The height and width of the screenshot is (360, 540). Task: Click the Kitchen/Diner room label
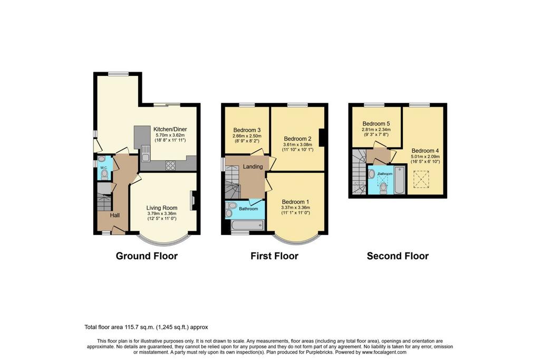tap(170, 130)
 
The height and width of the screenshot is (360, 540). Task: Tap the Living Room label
tap(162, 208)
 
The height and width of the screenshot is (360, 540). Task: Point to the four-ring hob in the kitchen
tap(170, 166)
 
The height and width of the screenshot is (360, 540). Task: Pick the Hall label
tap(115, 215)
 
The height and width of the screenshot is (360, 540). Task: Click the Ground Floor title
tap(147, 256)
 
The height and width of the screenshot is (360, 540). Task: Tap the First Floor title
tap(274, 256)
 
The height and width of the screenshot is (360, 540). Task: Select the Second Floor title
tap(398, 256)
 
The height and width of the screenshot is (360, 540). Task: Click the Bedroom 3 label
tap(247, 130)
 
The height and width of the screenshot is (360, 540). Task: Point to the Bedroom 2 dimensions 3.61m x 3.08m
tap(297, 145)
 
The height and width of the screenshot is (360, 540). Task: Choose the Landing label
tap(253, 167)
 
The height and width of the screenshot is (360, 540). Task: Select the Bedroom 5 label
tap(376, 123)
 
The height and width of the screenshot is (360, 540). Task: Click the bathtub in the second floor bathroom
tap(400, 180)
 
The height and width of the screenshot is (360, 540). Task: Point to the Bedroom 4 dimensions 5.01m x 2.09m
tap(425, 157)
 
